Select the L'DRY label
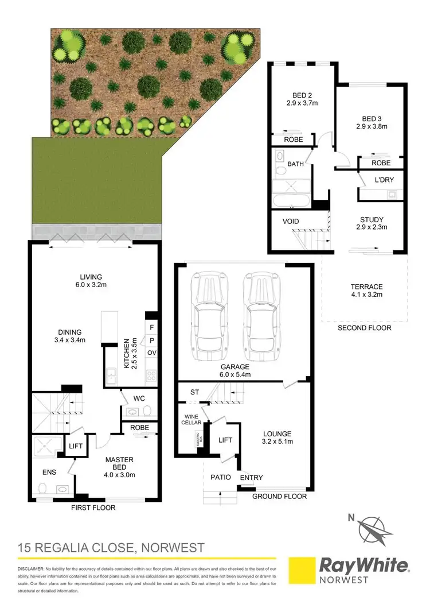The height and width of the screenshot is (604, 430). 384,180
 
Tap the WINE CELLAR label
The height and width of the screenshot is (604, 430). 193,419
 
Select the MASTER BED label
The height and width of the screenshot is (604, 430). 119,463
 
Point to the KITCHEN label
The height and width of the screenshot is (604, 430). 127,353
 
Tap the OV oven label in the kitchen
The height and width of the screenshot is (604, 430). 152,353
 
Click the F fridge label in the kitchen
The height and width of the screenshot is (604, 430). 152,328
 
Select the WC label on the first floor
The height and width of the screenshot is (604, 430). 138,397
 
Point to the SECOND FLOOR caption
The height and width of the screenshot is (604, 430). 365,328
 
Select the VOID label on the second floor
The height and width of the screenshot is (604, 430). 291,221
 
